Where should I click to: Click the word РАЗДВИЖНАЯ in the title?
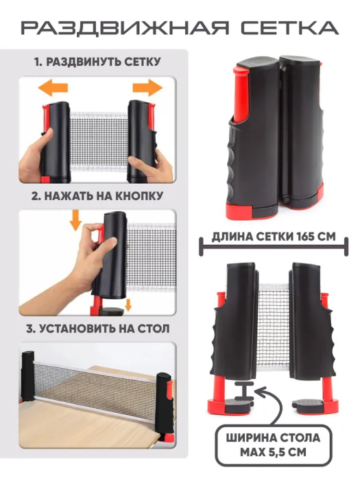pos(125,27)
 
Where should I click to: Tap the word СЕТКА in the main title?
pos(289,27)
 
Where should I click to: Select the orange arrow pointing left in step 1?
pos(53,88)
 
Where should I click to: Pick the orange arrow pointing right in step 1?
pos(147,88)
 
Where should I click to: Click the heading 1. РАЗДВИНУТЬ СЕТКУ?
pos(97,62)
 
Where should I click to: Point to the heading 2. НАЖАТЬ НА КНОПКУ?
pos(97,196)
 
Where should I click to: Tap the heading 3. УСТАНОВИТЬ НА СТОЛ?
pos(97,328)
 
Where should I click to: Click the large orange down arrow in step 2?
pos(75,220)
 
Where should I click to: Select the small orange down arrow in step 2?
pos(128,305)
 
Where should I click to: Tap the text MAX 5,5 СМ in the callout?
pos(273,452)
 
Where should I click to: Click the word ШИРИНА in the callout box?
pos(248,437)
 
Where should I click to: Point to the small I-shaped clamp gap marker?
pos(244,391)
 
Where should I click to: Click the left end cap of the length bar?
pos(201,247)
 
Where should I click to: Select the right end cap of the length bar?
pos(346,247)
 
